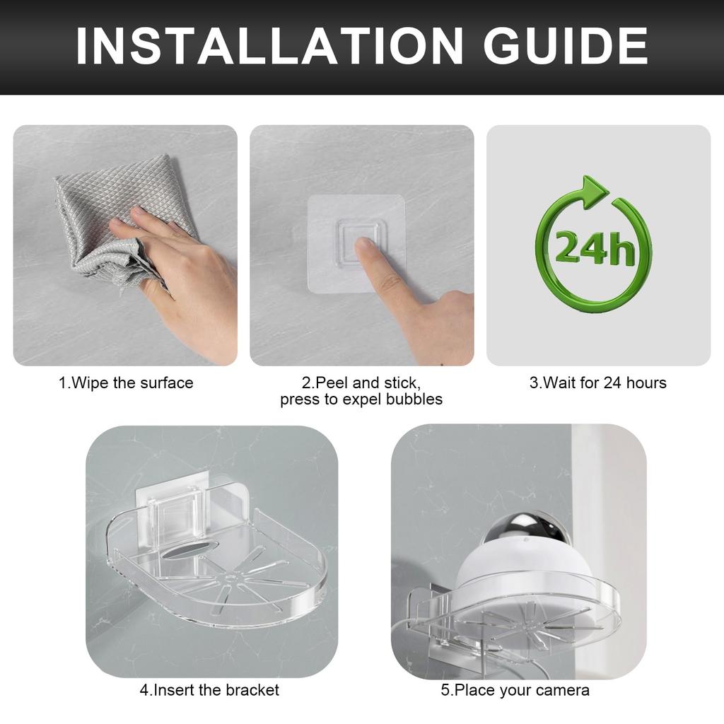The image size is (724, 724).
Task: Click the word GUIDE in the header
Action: pos(566,47)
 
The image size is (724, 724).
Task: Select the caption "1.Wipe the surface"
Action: pos(126,383)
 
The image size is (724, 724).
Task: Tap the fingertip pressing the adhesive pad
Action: pos(363,247)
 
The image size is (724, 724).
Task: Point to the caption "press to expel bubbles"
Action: pos(361,399)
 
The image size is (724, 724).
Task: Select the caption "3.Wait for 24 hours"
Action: pos(598,383)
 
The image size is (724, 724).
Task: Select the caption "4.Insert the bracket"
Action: pos(209,690)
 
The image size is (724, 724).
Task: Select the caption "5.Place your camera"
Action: pos(515,690)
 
